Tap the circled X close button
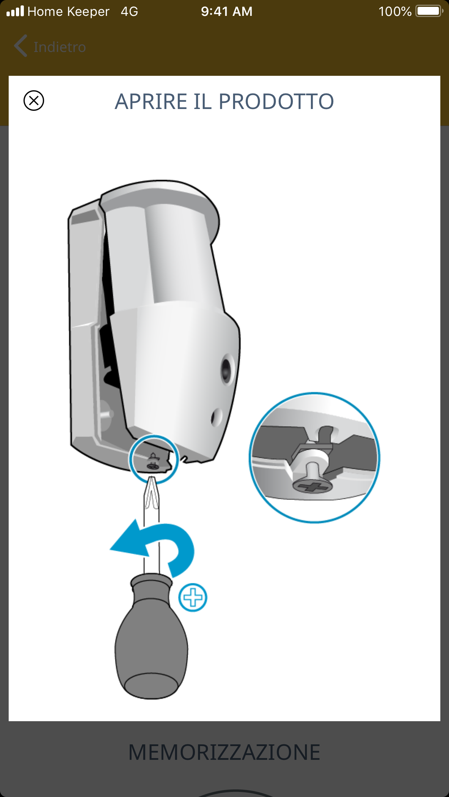click(34, 100)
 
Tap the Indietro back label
click(60, 47)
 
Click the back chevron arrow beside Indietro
click(21, 46)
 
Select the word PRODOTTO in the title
click(276, 101)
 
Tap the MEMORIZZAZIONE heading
click(224, 753)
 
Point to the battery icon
click(429, 11)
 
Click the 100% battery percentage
click(395, 12)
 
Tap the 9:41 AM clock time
click(227, 12)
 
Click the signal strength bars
click(15, 11)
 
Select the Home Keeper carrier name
click(68, 12)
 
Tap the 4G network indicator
click(129, 12)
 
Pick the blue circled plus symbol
click(193, 597)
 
